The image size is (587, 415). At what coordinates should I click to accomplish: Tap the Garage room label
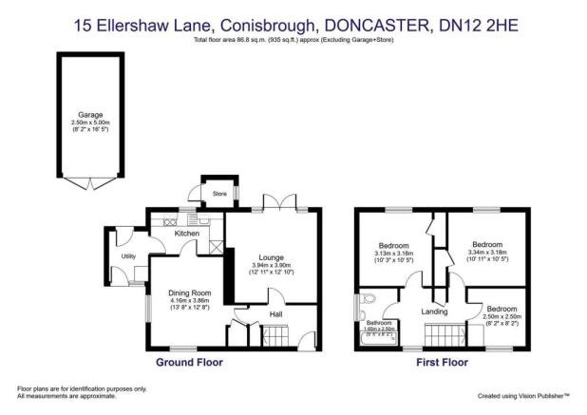coord(90,113)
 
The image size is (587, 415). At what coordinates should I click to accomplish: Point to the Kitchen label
coord(187,233)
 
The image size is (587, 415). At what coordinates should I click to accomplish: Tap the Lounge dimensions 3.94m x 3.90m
coord(273,266)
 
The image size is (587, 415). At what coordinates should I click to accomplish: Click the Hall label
coord(275,314)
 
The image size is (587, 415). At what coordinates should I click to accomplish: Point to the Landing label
coord(434,311)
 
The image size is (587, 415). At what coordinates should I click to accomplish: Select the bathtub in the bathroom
coord(379,337)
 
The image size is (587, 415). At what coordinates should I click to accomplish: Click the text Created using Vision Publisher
coord(521,394)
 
